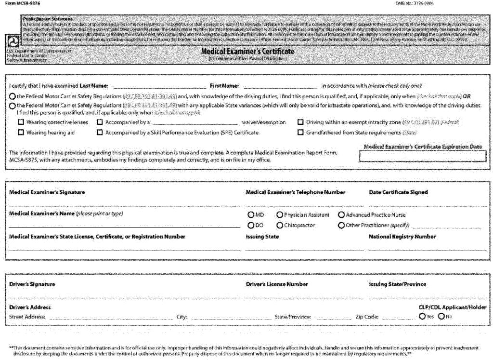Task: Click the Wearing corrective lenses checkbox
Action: point(21,122)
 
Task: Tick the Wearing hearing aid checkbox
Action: point(21,132)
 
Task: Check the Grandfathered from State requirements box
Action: point(300,132)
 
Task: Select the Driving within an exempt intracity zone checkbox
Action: point(300,122)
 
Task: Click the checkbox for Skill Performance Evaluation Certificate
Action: point(100,132)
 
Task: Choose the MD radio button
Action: point(250,215)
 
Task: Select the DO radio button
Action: point(250,225)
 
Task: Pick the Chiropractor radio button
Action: point(279,225)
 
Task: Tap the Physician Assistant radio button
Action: point(279,215)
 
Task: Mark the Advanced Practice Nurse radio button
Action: point(341,215)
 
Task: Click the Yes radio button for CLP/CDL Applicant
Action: point(422,317)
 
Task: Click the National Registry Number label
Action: point(402,237)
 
